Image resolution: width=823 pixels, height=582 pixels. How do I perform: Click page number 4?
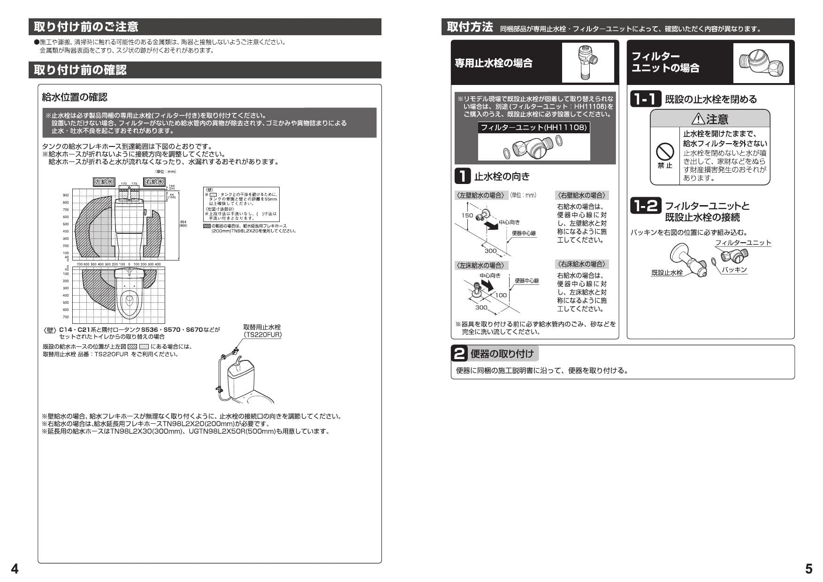[x=15, y=569]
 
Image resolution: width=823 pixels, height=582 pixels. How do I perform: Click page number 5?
[x=808, y=569]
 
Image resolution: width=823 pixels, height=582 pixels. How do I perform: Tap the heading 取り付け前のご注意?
[x=86, y=26]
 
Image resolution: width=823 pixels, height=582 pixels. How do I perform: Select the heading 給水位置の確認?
[x=75, y=97]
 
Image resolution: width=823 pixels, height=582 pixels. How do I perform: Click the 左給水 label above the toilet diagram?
[x=104, y=182]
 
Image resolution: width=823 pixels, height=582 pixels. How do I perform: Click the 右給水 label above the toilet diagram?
[x=154, y=182]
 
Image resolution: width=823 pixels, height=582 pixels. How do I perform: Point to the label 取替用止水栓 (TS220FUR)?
[x=262, y=331]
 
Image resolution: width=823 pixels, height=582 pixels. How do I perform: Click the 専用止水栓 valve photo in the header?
[x=587, y=62]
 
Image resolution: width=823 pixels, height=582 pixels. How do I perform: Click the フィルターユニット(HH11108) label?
[x=533, y=127]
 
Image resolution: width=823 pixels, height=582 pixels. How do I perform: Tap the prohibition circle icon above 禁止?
[x=664, y=152]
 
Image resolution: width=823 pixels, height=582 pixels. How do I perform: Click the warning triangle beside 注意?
[x=698, y=119]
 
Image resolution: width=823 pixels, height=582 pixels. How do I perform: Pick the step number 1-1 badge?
[x=645, y=99]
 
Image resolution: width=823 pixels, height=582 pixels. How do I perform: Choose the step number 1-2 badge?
[x=645, y=206]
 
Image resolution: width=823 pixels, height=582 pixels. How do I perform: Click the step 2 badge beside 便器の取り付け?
[x=460, y=354]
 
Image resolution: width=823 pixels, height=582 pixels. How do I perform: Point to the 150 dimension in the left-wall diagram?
[x=467, y=215]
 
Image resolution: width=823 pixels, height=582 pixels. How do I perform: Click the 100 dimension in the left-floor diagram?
[x=501, y=295]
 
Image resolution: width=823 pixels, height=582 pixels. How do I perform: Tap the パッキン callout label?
[x=734, y=270]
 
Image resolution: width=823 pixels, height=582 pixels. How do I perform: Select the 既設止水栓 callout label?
[x=667, y=273]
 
